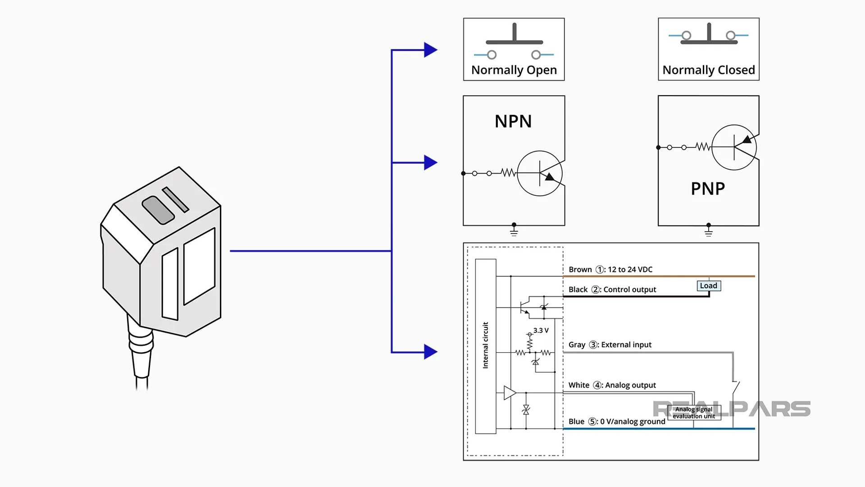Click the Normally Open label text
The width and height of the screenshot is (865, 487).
click(x=514, y=70)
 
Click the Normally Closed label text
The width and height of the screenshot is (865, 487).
click(x=709, y=70)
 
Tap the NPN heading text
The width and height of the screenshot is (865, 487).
click(x=513, y=121)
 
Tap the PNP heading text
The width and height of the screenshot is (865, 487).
click(x=708, y=188)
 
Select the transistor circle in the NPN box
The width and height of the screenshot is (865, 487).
click(x=540, y=174)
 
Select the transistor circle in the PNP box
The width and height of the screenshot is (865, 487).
click(x=734, y=147)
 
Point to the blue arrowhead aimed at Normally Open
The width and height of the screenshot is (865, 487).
click(x=430, y=50)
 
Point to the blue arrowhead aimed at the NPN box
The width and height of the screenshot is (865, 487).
click(x=430, y=162)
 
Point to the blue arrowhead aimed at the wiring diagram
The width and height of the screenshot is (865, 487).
click(x=430, y=352)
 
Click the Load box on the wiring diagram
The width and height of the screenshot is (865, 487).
click(x=709, y=286)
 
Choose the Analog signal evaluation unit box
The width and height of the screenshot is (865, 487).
click(x=694, y=413)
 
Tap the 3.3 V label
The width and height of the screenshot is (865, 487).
click(x=541, y=331)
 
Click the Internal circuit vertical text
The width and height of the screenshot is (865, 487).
click(x=486, y=345)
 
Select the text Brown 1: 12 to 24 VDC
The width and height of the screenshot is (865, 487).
click(x=610, y=270)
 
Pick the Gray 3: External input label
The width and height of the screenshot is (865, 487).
click(x=610, y=345)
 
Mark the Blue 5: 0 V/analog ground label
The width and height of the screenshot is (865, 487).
click(x=616, y=422)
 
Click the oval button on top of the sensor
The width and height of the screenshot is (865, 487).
click(x=158, y=210)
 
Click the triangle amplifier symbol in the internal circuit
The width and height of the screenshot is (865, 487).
click(x=510, y=393)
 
